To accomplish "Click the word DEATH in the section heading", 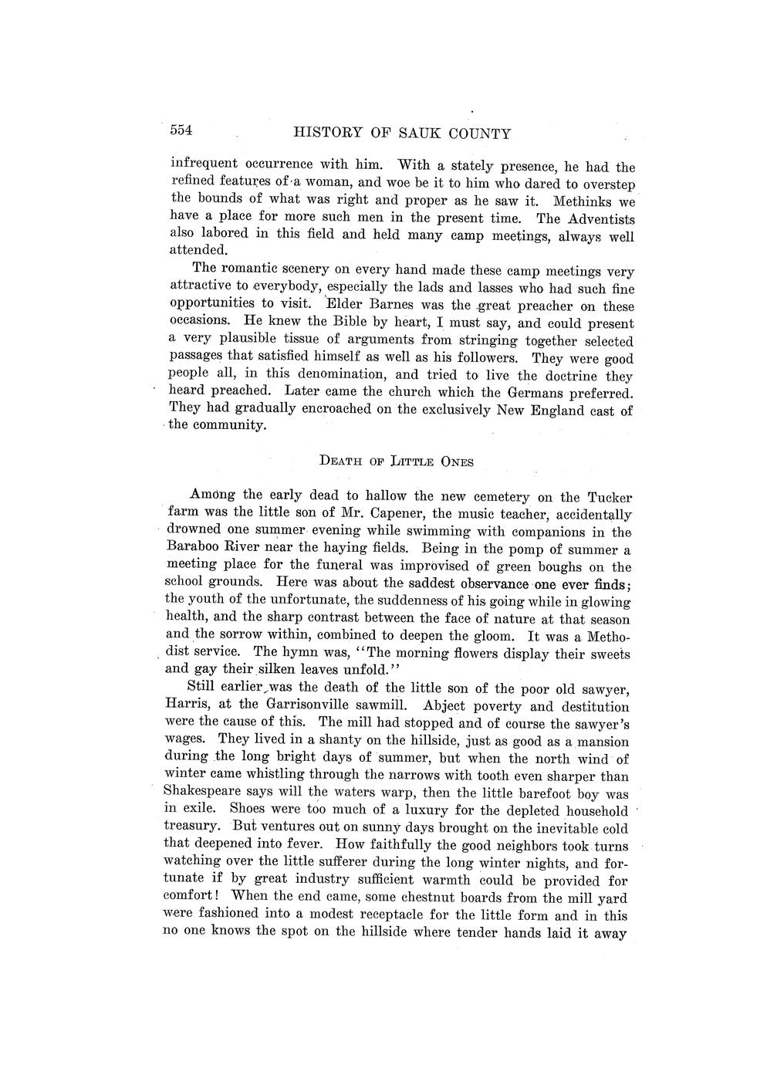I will pyautogui.click(x=336, y=461).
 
